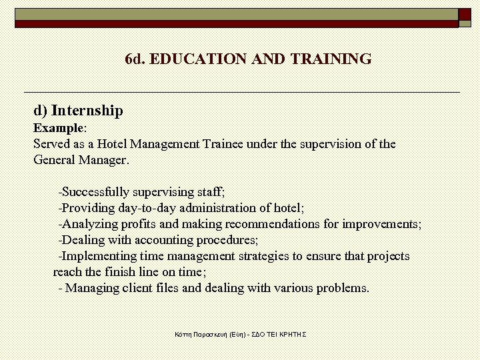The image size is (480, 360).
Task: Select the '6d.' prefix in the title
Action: tap(135, 59)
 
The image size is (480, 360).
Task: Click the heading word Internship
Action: tap(87, 110)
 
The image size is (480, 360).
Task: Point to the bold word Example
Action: tap(59, 127)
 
